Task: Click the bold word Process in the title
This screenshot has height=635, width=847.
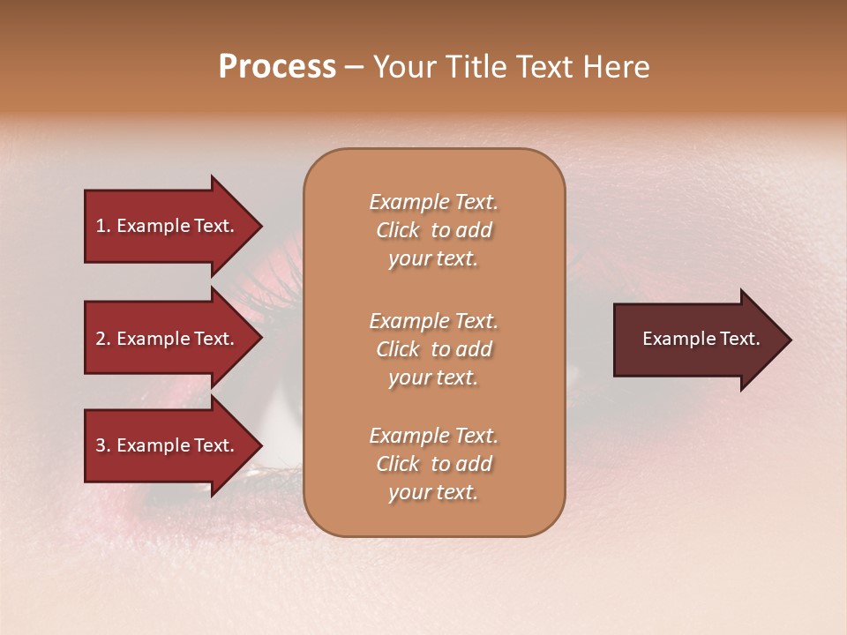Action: (x=277, y=67)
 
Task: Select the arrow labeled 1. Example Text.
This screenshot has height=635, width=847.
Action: (x=168, y=226)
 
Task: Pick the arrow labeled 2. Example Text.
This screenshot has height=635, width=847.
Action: (x=168, y=339)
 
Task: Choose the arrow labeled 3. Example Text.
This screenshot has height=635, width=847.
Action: (x=168, y=445)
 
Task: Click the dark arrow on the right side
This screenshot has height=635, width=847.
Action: (x=697, y=340)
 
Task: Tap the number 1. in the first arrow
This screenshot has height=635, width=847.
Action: (x=103, y=226)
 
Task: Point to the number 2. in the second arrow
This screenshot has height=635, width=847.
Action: (x=103, y=339)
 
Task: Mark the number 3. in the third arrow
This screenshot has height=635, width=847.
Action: (x=103, y=445)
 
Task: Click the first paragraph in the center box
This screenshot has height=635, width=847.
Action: (x=433, y=230)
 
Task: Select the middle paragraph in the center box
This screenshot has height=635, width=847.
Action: (x=433, y=349)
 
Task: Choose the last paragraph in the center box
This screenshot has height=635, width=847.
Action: (x=433, y=464)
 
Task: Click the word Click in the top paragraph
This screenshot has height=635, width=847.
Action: (x=398, y=230)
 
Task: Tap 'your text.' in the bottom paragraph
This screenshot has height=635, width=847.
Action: (x=433, y=492)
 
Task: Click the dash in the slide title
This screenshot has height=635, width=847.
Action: (x=355, y=67)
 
